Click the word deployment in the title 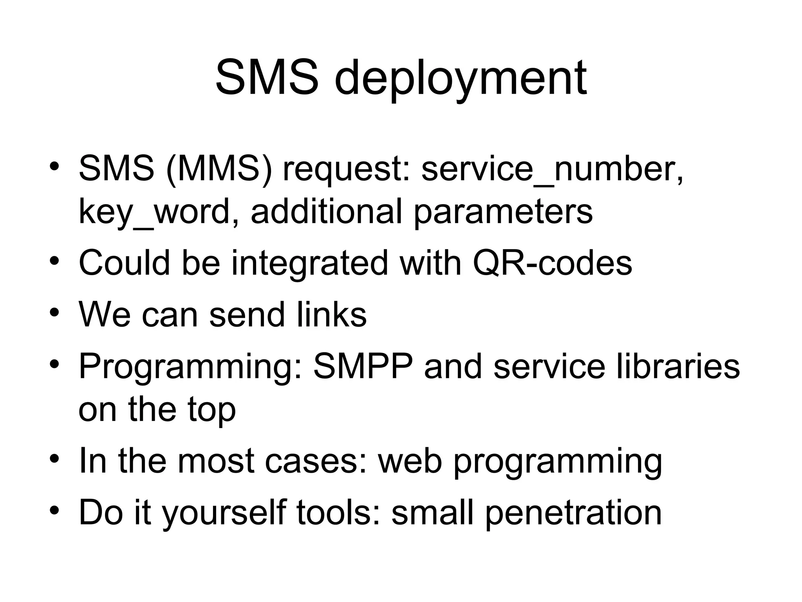click(461, 78)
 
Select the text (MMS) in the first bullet click(219, 169)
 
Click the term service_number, click(553, 169)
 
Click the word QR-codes click(552, 263)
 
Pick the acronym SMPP click(363, 366)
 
